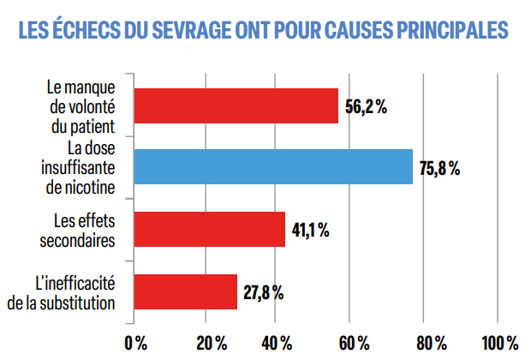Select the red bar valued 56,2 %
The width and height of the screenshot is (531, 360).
[236, 106]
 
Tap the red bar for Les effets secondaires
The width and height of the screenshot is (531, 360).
[209, 229]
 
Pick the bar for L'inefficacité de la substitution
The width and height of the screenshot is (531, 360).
[185, 291]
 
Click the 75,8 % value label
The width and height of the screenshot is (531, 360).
[439, 168]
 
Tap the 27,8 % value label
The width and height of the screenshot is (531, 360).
[265, 292]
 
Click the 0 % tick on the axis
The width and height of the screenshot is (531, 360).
[135, 343]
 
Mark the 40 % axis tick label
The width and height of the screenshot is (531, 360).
[281, 343]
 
